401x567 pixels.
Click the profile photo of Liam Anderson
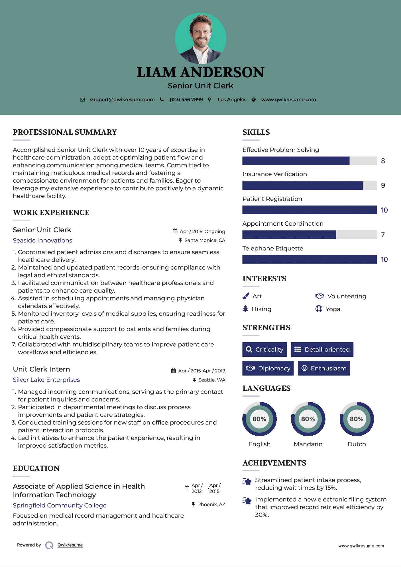tap(200, 38)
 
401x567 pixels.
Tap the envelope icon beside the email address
tap(82, 100)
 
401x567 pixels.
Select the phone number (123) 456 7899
tap(186, 100)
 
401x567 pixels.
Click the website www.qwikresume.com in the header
tap(288, 100)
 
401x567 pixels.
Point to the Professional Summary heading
tap(65, 132)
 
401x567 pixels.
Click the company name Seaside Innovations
tap(42, 240)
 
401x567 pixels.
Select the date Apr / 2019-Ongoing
tap(202, 231)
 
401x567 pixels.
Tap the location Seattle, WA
tap(211, 380)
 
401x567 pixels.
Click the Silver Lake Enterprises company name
tap(46, 380)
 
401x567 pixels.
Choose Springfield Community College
tap(60, 505)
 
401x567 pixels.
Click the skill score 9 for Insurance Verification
tap(383, 185)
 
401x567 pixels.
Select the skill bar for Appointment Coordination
tap(309, 235)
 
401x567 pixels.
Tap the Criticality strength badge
tap(264, 349)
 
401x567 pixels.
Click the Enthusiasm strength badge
tap(324, 368)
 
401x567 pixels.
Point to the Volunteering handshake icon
tap(320, 296)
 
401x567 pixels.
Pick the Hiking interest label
tap(261, 309)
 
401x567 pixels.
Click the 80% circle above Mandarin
tap(308, 419)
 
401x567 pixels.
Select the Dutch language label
tap(357, 444)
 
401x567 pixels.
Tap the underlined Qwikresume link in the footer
tap(70, 545)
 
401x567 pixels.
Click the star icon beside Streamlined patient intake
tap(247, 482)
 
